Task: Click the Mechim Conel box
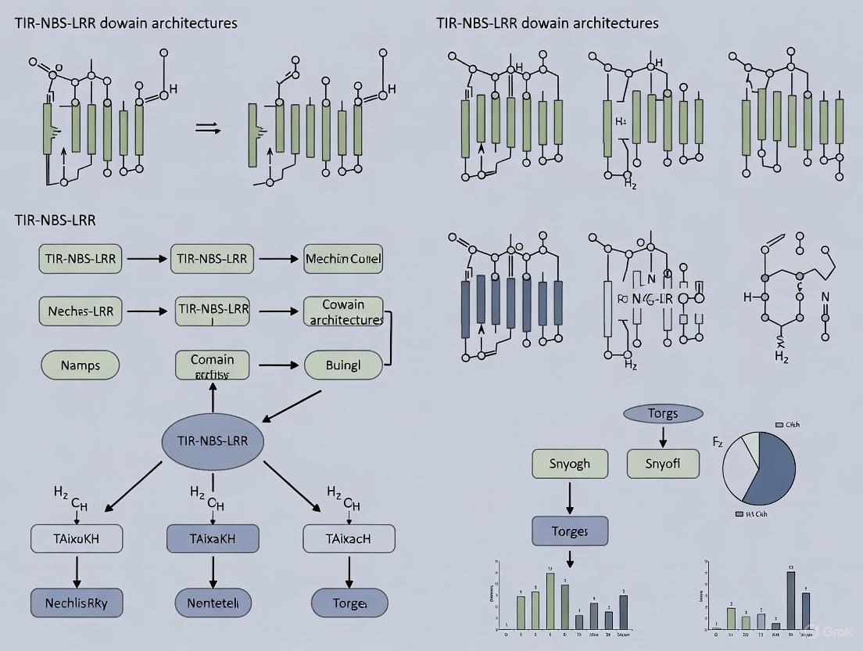(344, 258)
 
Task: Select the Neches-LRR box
(81, 311)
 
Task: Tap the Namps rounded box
(80, 365)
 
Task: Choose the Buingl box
(342, 365)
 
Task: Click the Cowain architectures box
(342, 311)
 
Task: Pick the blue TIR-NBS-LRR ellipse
(213, 441)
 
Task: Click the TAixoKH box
(76, 539)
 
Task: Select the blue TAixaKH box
(213, 539)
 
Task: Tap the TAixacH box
(349, 539)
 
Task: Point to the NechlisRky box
(76, 603)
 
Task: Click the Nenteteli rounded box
(213, 603)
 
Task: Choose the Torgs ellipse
(663, 413)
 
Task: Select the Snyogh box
(569, 464)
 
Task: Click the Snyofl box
(663, 464)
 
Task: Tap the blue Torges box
(569, 531)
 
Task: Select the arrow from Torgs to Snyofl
(663, 437)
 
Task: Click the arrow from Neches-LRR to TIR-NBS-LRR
(146, 311)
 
